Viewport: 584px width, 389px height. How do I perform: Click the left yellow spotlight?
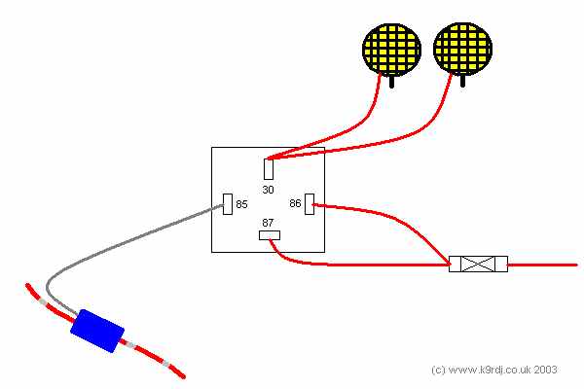[392, 50]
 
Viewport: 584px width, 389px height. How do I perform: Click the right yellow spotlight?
[463, 49]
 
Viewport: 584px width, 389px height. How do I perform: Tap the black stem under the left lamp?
[392, 82]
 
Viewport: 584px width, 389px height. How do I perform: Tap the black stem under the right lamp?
[462, 81]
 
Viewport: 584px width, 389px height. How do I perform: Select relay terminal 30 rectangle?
[269, 169]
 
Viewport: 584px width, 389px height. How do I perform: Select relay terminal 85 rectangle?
[228, 204]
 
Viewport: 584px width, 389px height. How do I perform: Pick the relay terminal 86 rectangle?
[310, 204]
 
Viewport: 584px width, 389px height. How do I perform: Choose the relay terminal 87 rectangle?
[270, 235]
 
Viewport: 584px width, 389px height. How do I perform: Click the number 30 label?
[269, 190]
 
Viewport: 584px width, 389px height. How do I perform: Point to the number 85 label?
[241, 204]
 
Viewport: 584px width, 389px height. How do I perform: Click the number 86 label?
[295, 203]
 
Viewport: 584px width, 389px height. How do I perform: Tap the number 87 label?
[268, 223]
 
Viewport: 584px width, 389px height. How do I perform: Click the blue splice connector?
[97, 331]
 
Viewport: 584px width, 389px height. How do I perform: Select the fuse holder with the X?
[478, 264]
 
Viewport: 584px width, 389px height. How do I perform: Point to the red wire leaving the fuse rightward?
[542, 265]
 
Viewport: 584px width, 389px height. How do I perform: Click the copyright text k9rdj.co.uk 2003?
[493, 370]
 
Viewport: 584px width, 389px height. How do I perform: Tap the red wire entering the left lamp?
[357, 126]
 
